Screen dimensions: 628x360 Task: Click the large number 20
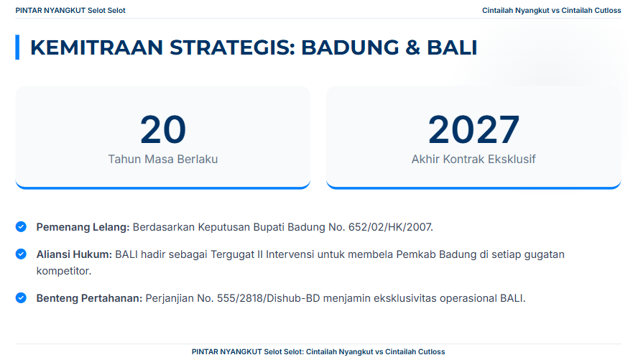point(163,129)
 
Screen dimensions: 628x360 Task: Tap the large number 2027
point(474,129)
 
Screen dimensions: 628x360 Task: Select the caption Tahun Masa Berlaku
point(163,159)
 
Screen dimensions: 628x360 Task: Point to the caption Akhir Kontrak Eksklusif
point(474,159)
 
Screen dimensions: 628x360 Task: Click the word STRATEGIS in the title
point(232,47)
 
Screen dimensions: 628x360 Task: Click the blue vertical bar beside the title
point(17,47)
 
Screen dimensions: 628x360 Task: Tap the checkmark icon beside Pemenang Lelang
point(22,226)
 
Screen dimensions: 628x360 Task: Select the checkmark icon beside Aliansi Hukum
point(22,254)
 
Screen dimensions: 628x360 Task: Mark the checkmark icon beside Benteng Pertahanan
point(22,298)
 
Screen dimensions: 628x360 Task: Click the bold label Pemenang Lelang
point(83,227)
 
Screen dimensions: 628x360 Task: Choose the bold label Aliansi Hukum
point(74,254)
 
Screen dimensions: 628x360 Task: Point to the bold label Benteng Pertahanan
point(89,298)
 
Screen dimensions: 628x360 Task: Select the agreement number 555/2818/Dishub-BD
point(268,298)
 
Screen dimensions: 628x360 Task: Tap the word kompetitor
point(64,271)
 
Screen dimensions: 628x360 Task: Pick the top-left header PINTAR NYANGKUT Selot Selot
point(70,10)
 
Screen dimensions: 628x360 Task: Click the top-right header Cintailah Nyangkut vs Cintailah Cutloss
point(552,10)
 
